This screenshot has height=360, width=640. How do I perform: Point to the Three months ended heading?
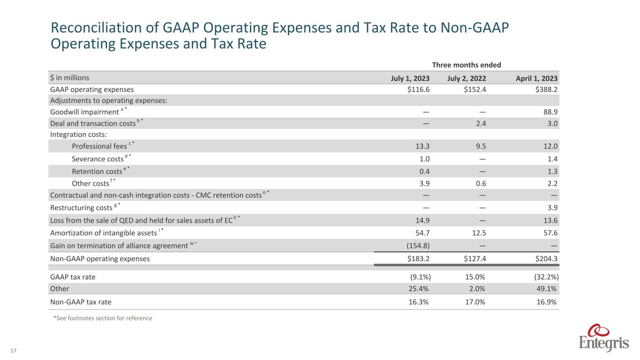473,65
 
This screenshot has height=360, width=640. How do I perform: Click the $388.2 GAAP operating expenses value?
546,89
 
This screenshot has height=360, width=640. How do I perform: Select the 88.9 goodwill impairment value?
550,112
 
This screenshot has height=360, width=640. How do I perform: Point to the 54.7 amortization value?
421,233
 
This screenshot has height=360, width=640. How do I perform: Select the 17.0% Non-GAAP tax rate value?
474,302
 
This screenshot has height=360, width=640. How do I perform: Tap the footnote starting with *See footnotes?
103,318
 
